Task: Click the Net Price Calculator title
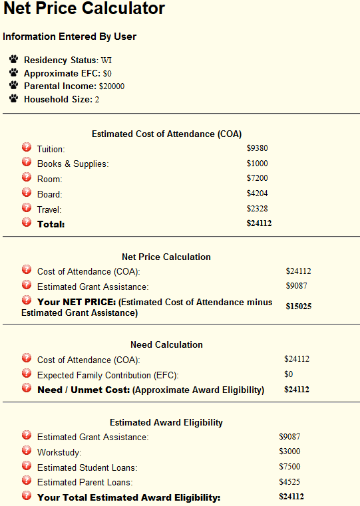click(85, 9)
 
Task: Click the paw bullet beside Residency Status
click(14, 60)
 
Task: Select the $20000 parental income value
click(111, 86)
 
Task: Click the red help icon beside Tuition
click(27, 147)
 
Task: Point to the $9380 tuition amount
click(257, 148)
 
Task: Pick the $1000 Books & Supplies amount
click(257, 164)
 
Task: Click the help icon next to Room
click(27, 178)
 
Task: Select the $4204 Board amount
click(257, 194)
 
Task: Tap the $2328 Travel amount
click(257, 209)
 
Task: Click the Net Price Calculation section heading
click(166, 257)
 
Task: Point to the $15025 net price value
click(299, 307)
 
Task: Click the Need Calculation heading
click(166, 344)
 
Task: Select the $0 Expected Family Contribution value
click(288, 374)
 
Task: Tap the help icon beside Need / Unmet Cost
click(27, 389)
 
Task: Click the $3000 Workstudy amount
click(289, 452)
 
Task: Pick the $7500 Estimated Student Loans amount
click(289, 467)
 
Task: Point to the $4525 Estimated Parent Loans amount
click(289, 482)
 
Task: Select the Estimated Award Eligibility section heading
click(166, 422)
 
